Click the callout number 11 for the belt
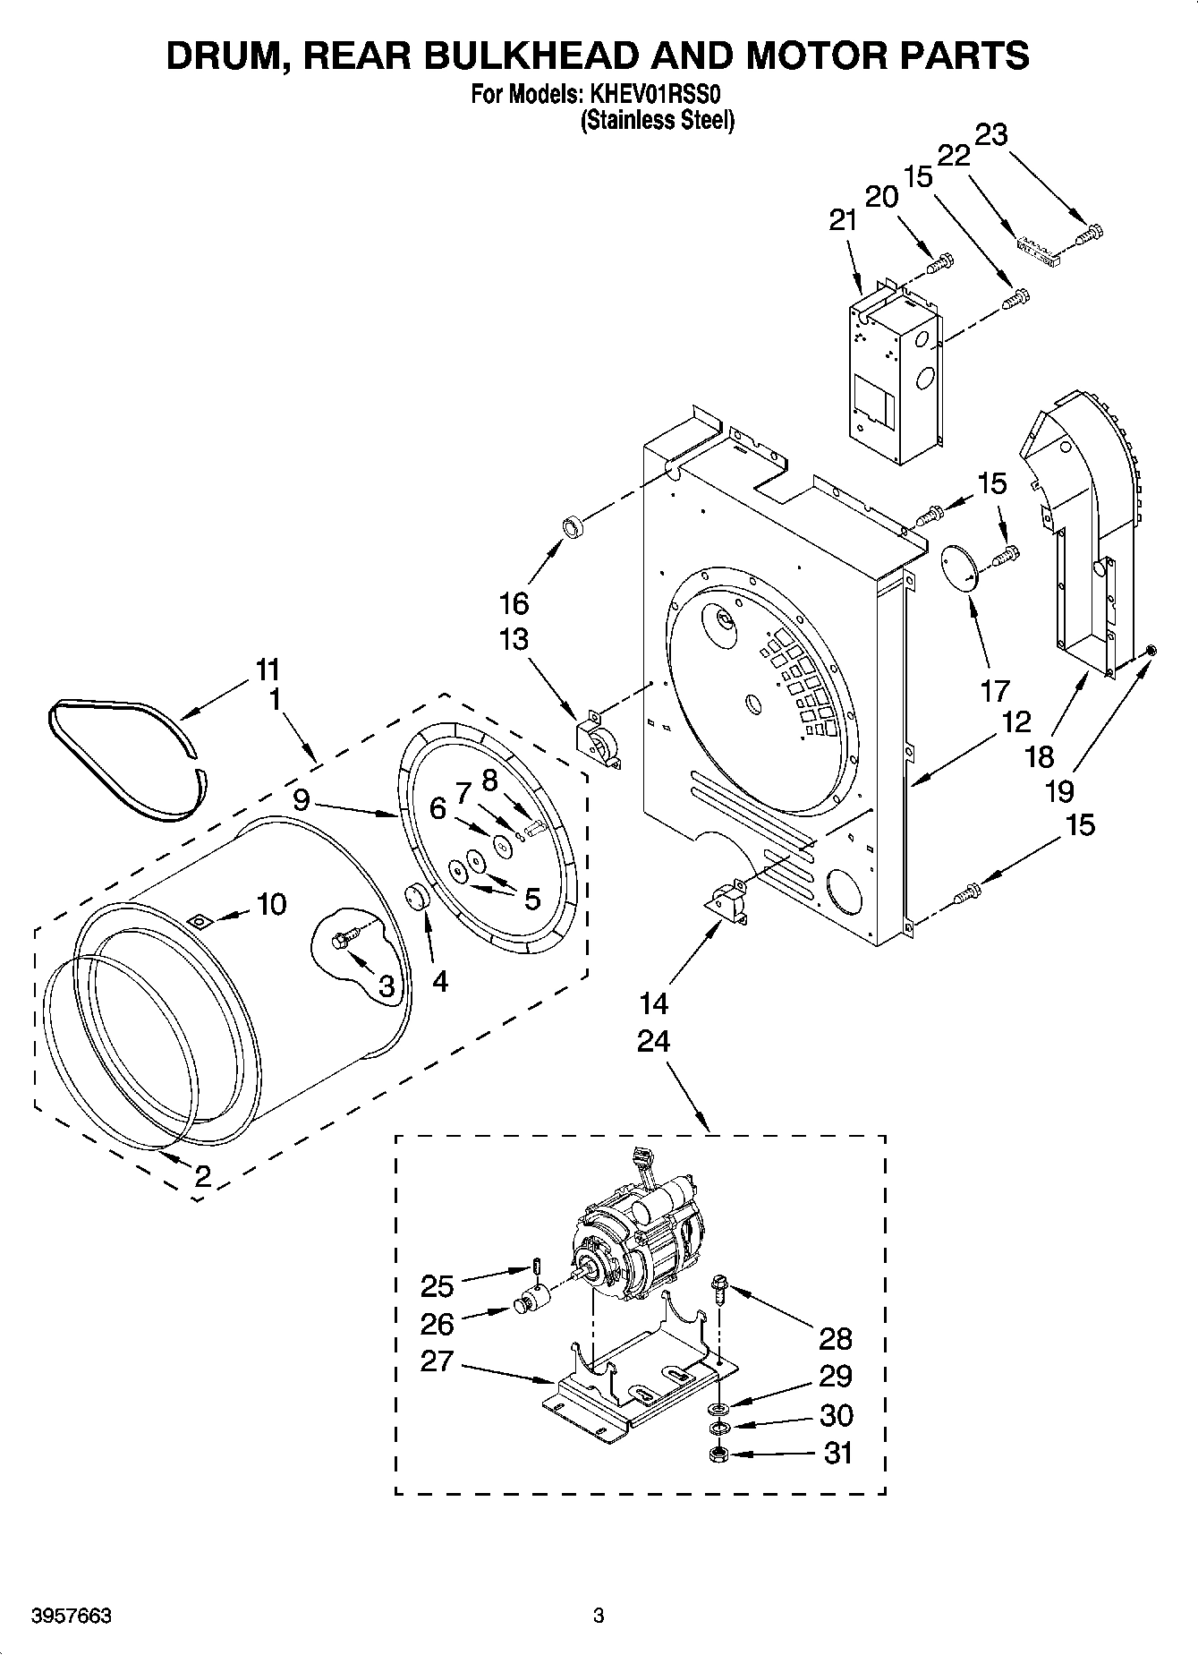coord(268,670)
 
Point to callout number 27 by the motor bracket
coord(438,1361)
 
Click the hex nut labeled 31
coord(716,1455)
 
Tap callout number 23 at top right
coord(990,135)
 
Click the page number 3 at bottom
coord(599,1617)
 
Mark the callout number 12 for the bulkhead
coord(1016,721)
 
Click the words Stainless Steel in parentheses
coord(658,121)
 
